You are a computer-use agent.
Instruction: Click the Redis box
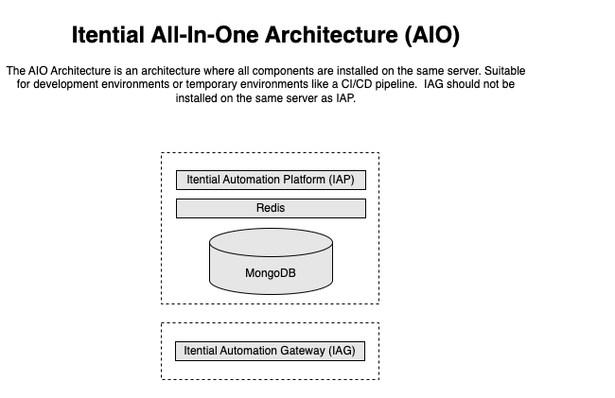[x=271, y=208]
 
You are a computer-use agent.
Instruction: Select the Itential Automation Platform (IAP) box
[x=271, y=180]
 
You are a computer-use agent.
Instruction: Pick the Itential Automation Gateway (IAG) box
[x=270, y=351]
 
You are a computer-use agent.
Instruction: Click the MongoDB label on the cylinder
[x=270, y=274]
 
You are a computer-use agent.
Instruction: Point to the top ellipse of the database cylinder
[x=271, y=241]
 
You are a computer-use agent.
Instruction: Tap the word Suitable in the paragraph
[x=503, y=71]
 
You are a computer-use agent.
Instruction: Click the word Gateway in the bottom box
[x=302, y=351]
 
